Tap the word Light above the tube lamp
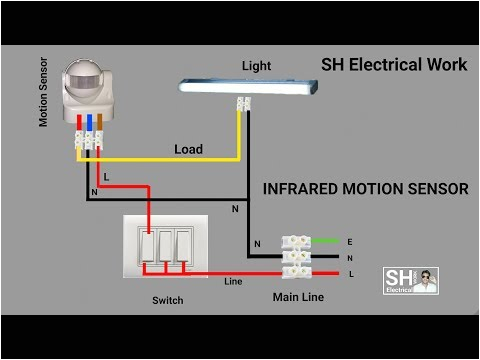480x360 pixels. pyautogui.click(x=256, y=66)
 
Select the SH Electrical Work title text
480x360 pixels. pyautogui.click(x=393, y=65)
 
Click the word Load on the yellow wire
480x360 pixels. pyautogui.click(x=188, y=149)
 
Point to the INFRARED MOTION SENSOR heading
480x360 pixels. pyautogui.click(x=365, y=188)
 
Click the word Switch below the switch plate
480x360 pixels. pyautogui.click(x=167, y=300)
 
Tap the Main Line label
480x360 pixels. pyautogui.click(x=297, y=297)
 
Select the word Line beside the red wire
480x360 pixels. pyautogui.click(x=233, y=280)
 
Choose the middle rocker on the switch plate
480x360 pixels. pyautogui.click(x=165, y=246)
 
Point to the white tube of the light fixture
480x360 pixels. pyautogui.click(x=245, y=88)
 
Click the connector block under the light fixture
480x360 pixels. pyautogui.click(x=242, y=105)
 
